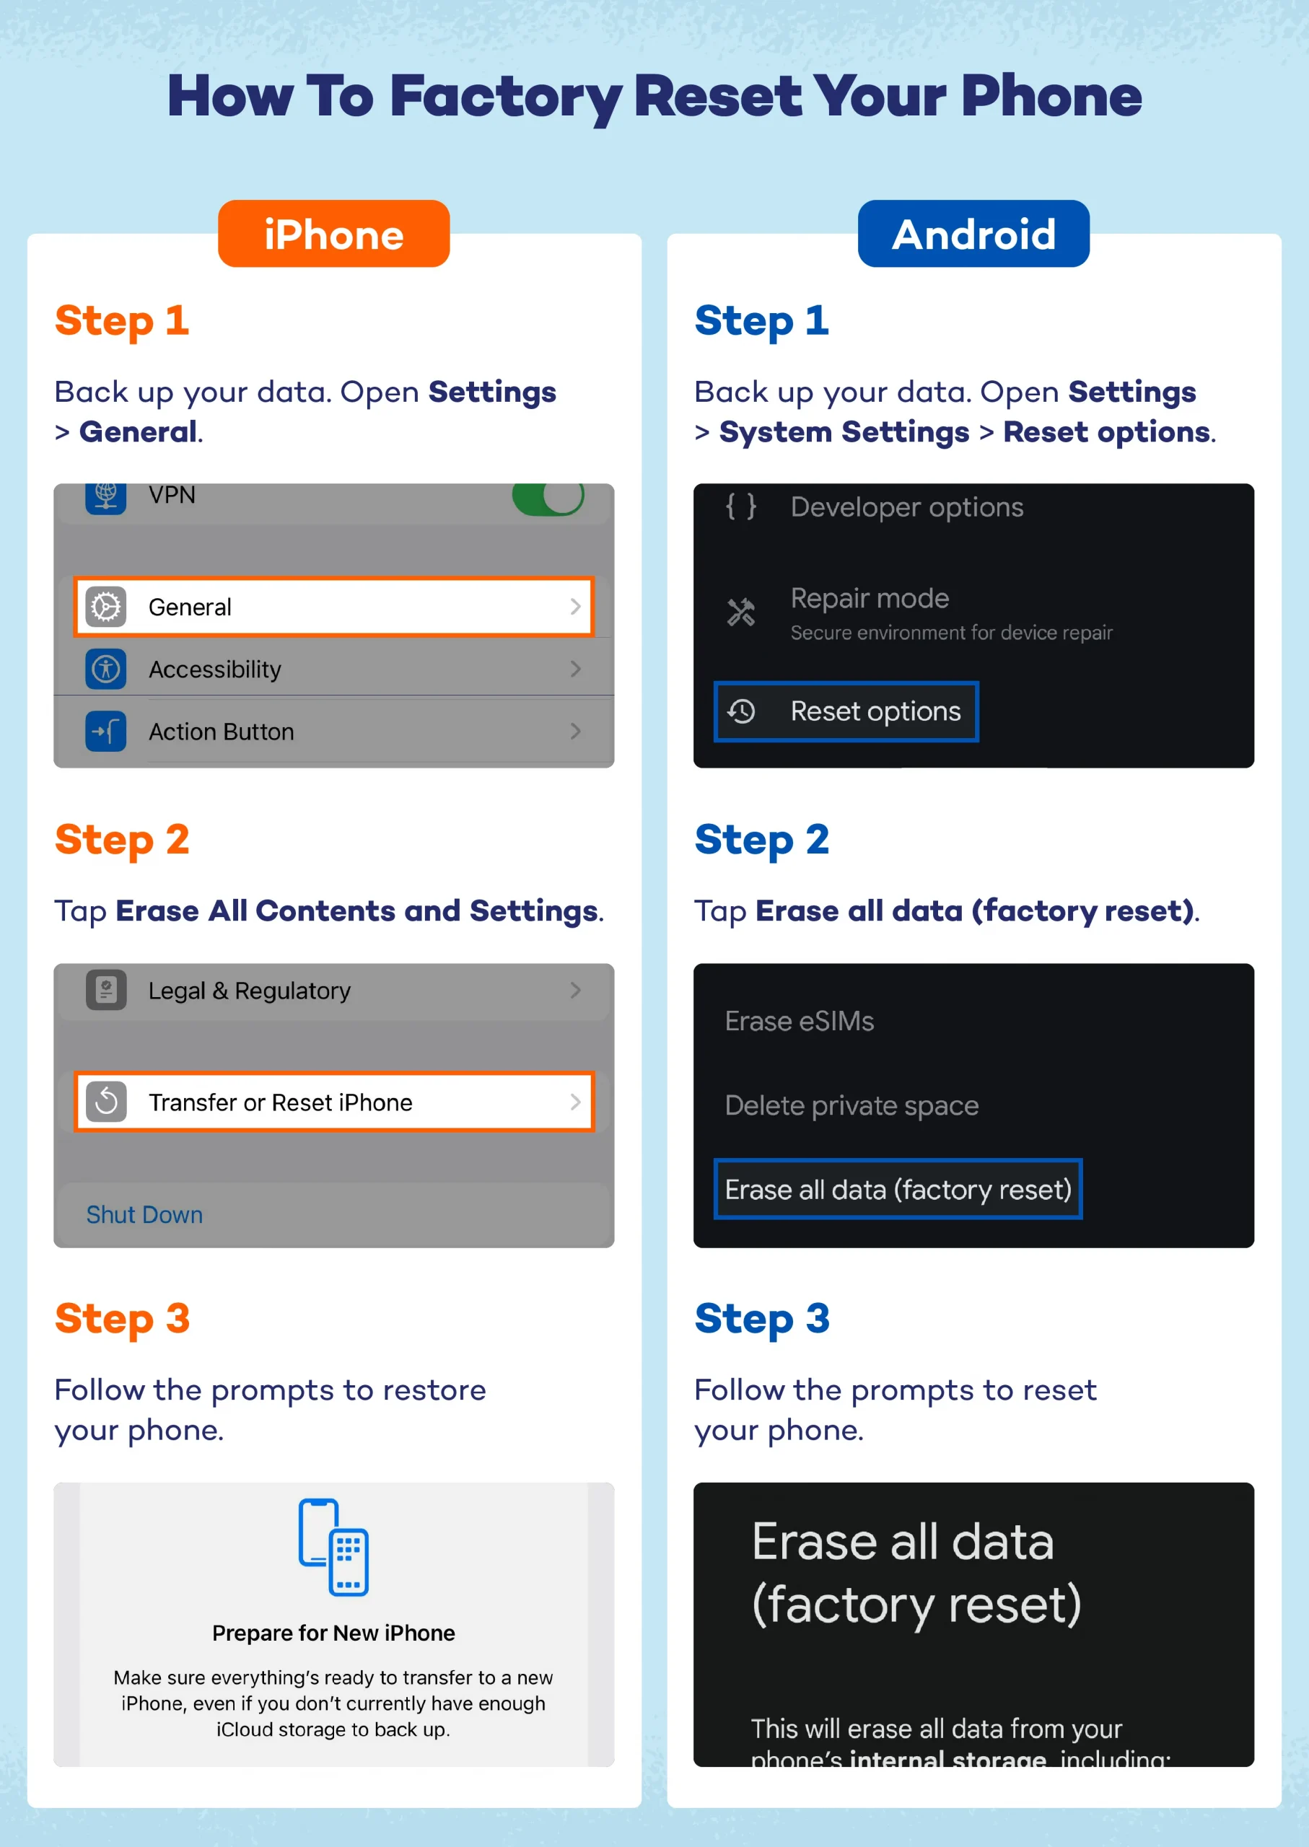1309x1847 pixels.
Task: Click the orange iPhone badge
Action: tap(333, 234)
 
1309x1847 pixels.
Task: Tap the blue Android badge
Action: tap(973, 234)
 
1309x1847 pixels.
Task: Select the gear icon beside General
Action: tap(106, 607)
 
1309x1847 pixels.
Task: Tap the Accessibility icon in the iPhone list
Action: tap(106, 669)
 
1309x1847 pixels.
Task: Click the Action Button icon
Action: tap(106, 731)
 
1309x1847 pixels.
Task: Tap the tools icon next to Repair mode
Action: tap(741, 613)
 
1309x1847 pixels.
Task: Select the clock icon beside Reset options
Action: tap(742, 711)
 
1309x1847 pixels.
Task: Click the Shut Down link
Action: tap(144, 1214)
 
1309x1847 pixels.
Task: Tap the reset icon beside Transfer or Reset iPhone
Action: tap(106, 1102)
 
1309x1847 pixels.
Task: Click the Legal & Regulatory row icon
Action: tap(106, 990)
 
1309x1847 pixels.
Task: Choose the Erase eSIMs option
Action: tap(799, 1021)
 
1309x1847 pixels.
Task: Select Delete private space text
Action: tap(851, 1105)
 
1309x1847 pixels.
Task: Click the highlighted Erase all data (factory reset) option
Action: tap(898, 1190)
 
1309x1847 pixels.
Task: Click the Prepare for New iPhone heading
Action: tap(333, 1633)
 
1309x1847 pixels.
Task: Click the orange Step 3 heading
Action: tap(123, 1318)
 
